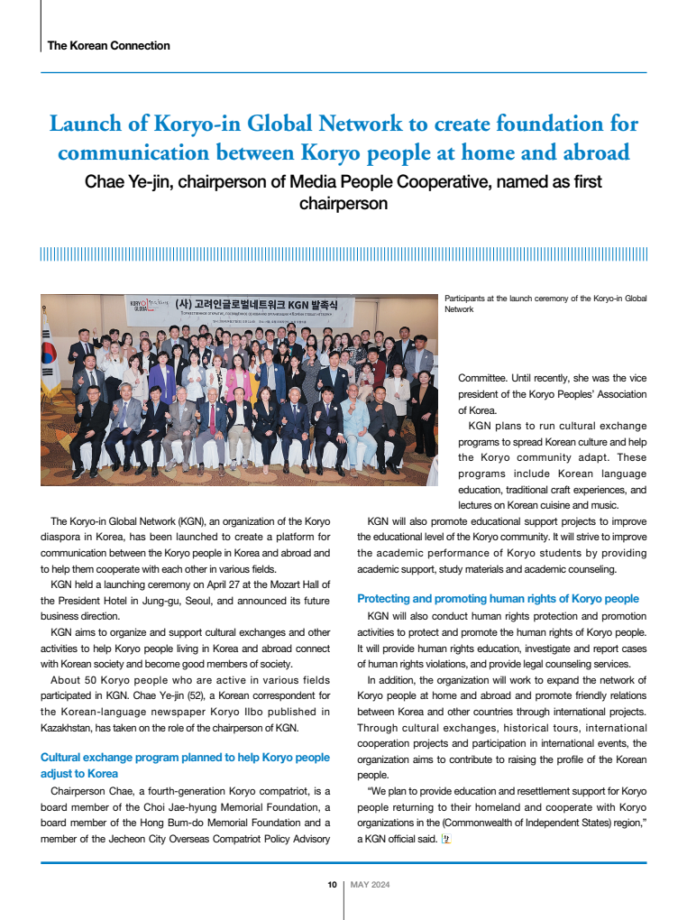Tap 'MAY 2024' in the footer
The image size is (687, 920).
[x=370, y=884]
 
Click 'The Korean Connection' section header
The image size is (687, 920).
[x=108, y=45]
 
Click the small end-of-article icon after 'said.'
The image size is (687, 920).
[x=444, y=840]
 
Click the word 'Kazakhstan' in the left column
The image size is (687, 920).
[x=69, y=728]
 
